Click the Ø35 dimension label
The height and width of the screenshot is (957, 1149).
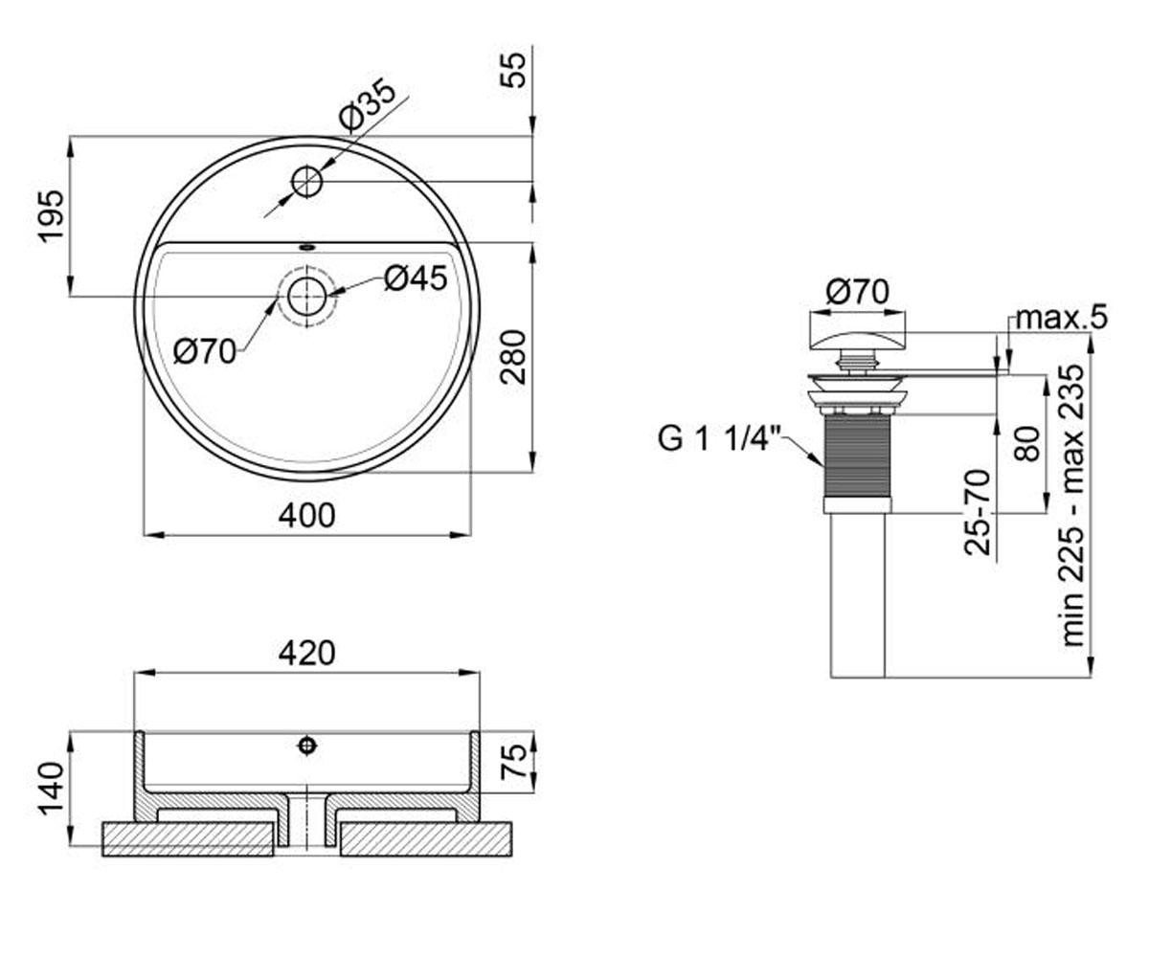[368, 105]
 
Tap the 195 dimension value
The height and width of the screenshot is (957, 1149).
[51, 215]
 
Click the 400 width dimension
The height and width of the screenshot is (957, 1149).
[306, 516]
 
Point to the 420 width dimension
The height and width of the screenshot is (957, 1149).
[306, 653]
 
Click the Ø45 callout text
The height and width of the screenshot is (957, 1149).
[416, 278]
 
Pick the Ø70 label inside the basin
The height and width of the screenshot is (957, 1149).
[205, 351]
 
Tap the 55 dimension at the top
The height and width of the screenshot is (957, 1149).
[513, 69]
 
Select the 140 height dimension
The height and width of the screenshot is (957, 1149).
[51, 789]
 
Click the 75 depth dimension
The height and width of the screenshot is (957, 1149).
[516, 762]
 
